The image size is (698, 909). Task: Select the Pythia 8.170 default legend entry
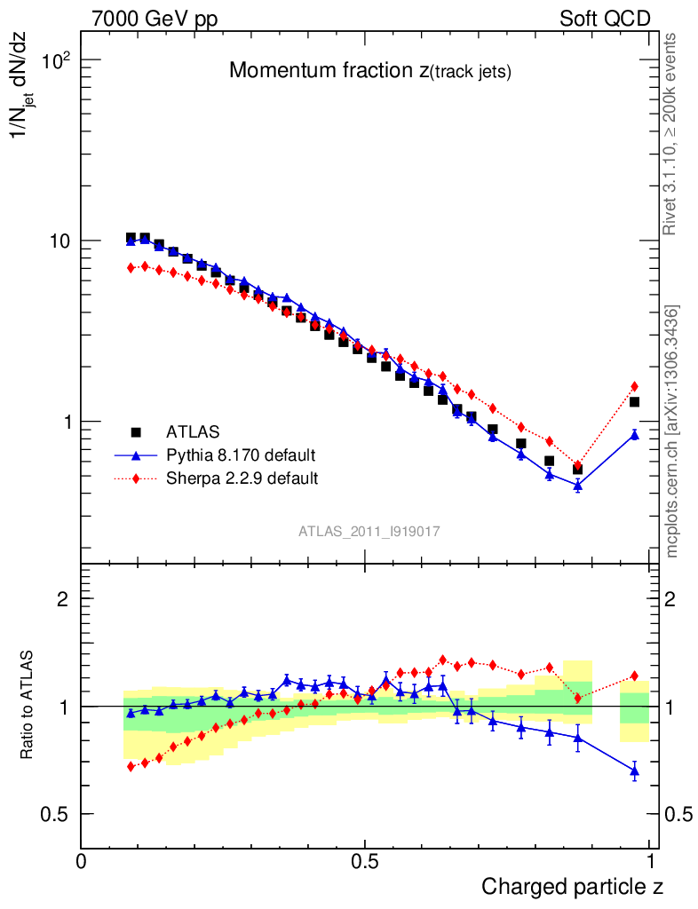(240, 455)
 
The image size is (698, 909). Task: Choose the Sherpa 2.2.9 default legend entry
(242, 478)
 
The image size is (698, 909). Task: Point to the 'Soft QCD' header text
(605, 19)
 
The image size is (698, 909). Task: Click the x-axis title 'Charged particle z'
(572, 886)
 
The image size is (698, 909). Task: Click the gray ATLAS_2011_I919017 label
(369, 531)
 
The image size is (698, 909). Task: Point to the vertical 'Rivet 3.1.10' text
(671, 134)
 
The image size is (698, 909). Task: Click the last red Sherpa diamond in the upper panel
(634, 386)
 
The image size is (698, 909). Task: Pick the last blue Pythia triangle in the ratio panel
(634, 771)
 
